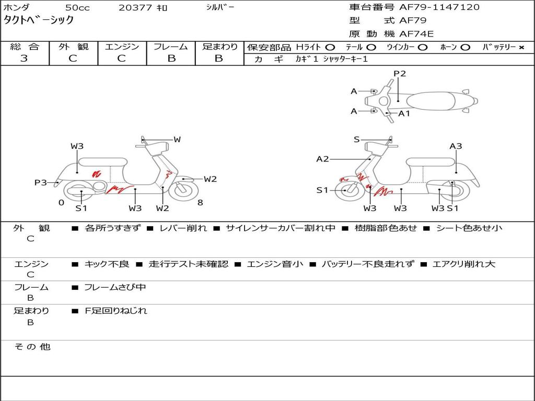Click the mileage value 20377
click(x=135, y=8)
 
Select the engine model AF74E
click(x=416, y=34)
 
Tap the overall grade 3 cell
click(x=24, y=58)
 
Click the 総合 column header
click(x=24, y=46)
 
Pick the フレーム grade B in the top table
click(x=171, y=58)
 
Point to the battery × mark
click(x=521, y=47)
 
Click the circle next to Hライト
click(x=330, y=47)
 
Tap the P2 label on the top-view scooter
click(x=400, y=74)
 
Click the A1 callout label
click(x=404, y=113)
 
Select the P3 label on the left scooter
click(x=41, y=182)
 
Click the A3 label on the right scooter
click(x=456, y=146)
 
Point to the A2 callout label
click(x=323, y=159)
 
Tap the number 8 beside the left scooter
click(x=200, y=203)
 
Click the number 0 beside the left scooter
click(x=61, y=203)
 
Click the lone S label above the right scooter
click(x=357, y=139)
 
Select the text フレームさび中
click(x=115, y=287)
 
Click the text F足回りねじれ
click(x=116, y=311)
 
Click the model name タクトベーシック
click(x=39, y=20)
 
